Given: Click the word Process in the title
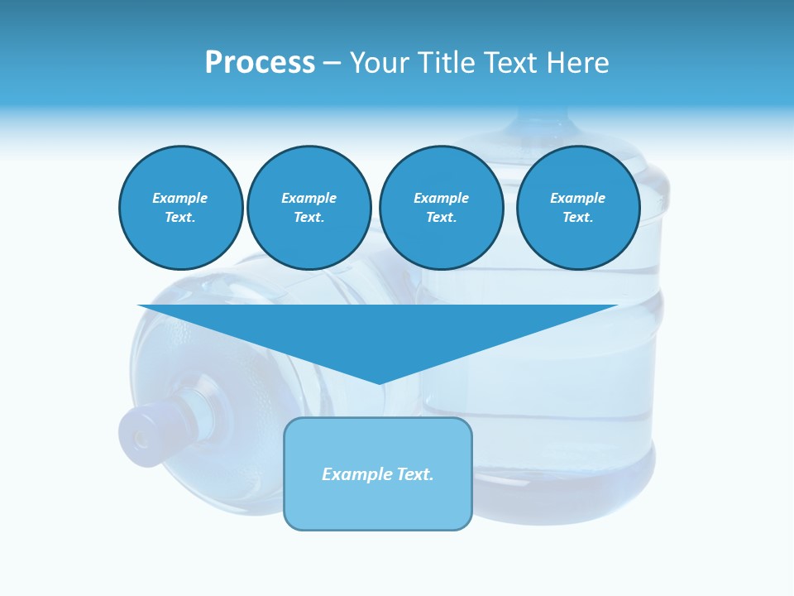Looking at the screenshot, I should coord(260,63).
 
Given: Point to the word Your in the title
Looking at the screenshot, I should coord(380,63).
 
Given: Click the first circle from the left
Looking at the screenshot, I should coord(180,208).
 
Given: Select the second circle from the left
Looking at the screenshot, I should coord(309,208).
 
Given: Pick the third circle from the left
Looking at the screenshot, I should coord(441,208).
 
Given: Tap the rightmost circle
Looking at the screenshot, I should coord(577,208).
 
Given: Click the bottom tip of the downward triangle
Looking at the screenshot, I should coord(380,382).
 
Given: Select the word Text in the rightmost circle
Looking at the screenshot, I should coord(577,218).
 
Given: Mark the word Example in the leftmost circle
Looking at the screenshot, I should coord(180,198).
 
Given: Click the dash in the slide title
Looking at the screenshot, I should coord(332,63).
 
